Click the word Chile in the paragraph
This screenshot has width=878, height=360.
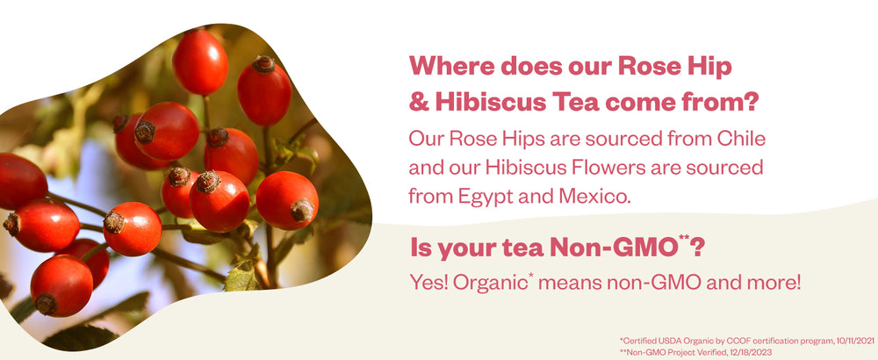click(x=741, y=139)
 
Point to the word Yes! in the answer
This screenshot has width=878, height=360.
click(x=428, y=284)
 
